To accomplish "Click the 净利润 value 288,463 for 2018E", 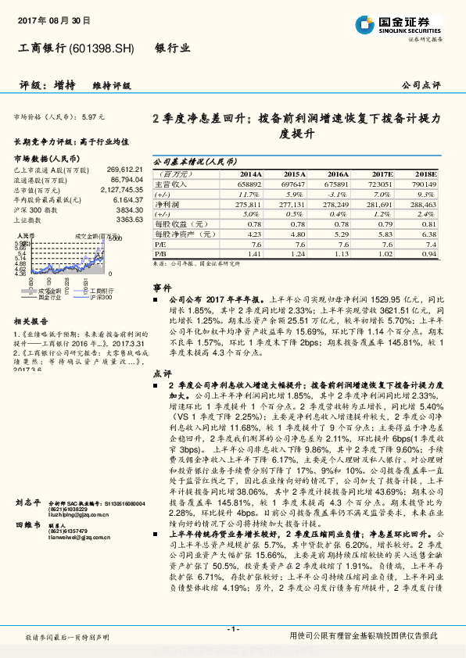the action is coord(424,203).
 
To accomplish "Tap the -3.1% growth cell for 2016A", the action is coord(338,193).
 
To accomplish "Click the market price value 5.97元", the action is coord(92,116).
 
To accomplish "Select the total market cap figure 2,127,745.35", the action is coord(121,189).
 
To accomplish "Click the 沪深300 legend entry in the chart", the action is coord(97,298).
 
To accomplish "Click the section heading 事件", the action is coord(162,288).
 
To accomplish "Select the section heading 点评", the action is coord(162,373).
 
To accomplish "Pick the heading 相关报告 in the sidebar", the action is coord(32,320).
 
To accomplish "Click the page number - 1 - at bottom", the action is coord(233,629).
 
